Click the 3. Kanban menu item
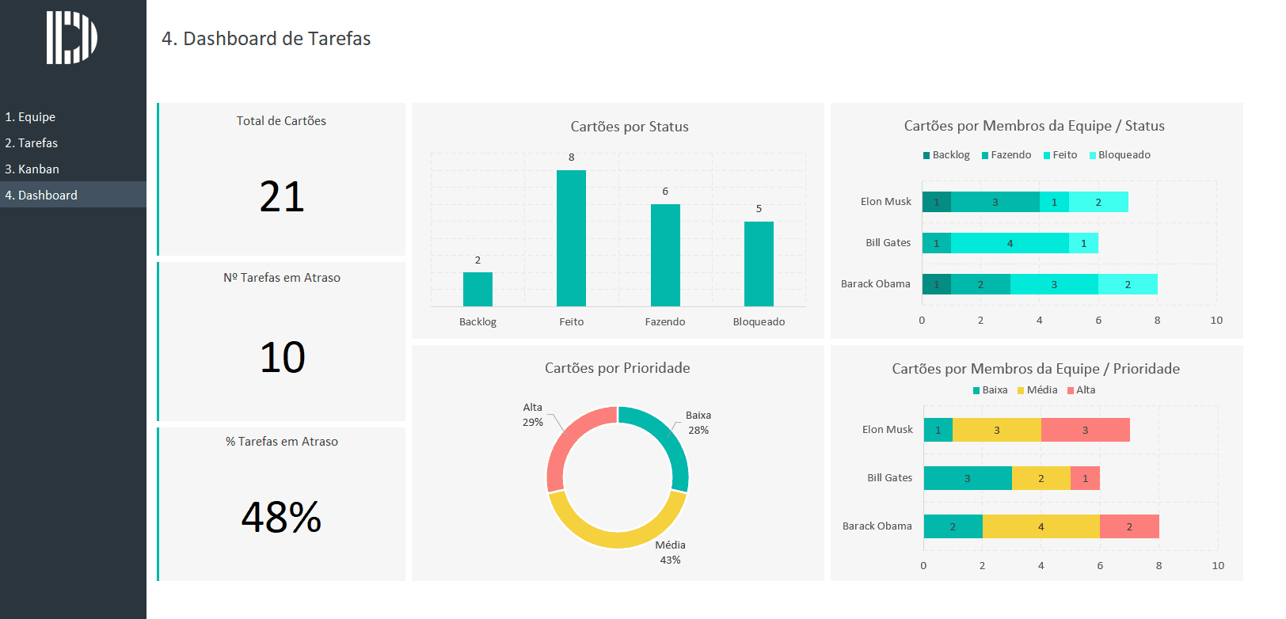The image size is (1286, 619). tap(32, 169)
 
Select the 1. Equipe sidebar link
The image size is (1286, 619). tap(30, 117)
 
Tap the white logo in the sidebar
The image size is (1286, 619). tap(71, 37)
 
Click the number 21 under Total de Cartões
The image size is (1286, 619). tap(282, 197)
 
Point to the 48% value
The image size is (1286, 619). tap(282, 517)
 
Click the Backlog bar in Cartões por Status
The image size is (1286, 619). tap(477, 289)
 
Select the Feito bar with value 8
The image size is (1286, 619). tap(571, 237)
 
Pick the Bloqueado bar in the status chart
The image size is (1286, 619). tap(759, 264)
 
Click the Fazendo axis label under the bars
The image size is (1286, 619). tap(665, 322)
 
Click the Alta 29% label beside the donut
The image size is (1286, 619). tap(533, 415)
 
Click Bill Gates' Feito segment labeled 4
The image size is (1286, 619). tap(1010, 243)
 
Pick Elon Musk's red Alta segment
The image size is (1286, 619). tap(1085, 430)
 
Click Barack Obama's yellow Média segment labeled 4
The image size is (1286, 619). tap(1041, 526)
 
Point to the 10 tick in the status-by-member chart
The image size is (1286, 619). tap(1216, 321)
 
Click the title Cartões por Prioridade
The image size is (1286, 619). tap(617, 368)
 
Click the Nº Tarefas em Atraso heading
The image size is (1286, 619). tap(282, 278)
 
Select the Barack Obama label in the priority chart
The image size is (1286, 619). tap(877, 526)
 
